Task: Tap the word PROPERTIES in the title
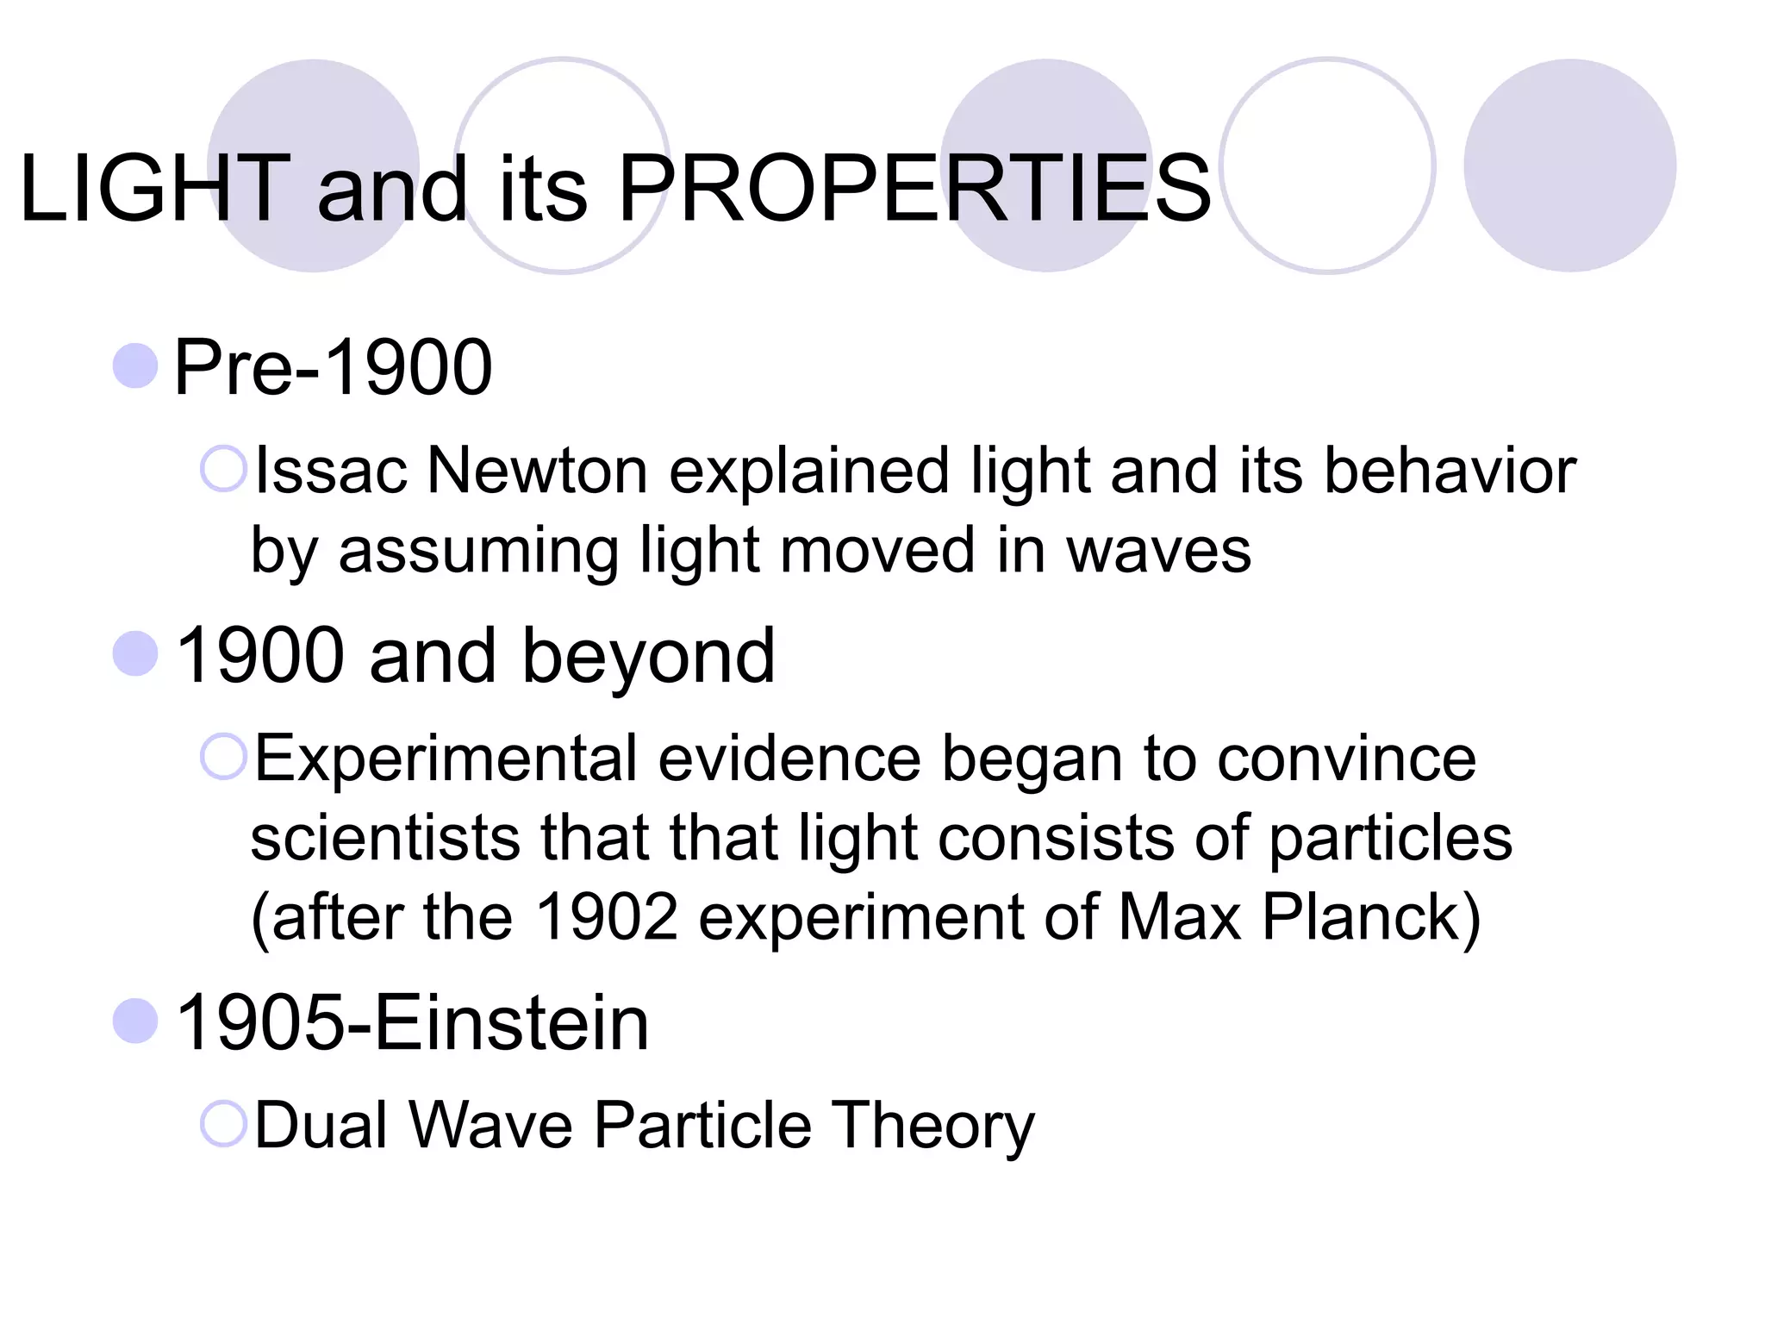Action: tap(914, 188)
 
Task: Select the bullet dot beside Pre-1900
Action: tap(135, 365)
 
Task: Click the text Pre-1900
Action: tap(333, 367)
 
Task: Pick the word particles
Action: tap(1390, 839)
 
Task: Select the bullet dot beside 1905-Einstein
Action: tap(135, 1021)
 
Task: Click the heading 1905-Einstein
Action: tap(412, 1022)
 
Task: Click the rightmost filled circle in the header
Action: tap(1569, 165)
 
